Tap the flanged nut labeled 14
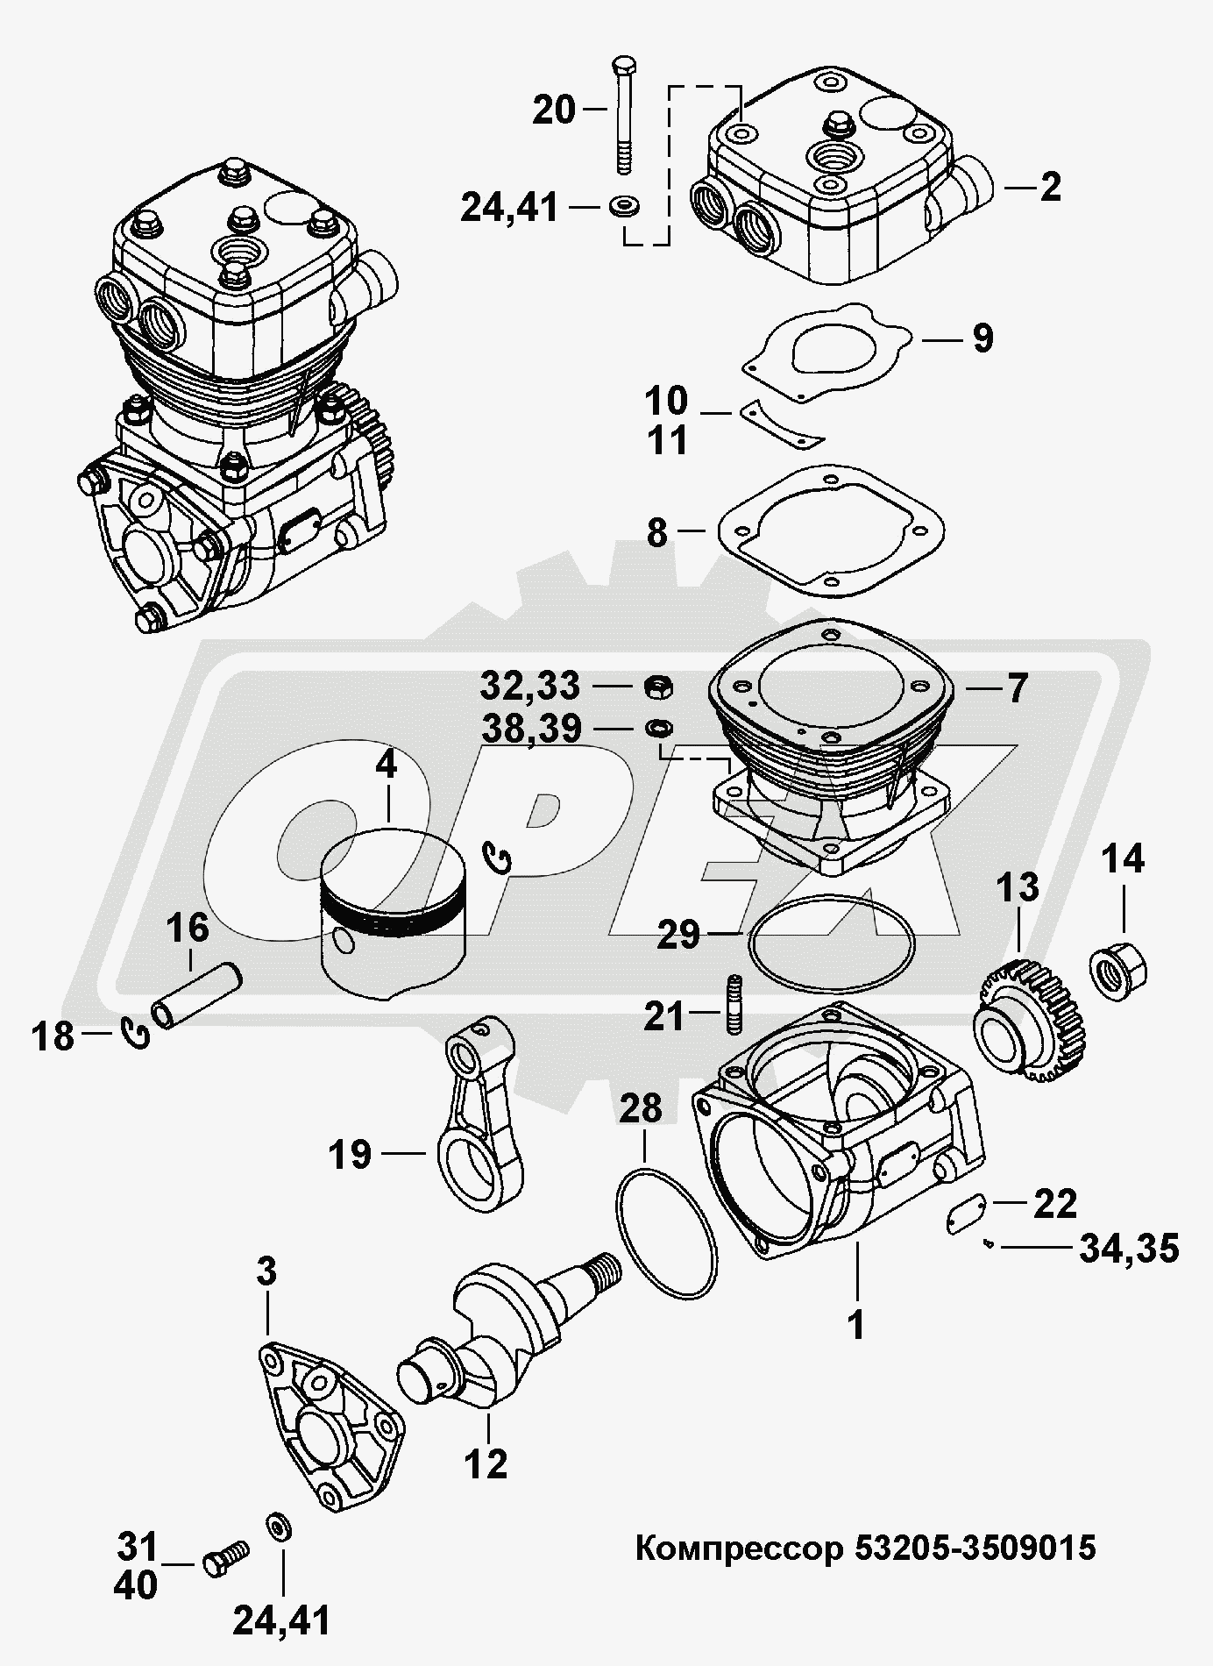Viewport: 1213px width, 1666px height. click(x=1119, y=968)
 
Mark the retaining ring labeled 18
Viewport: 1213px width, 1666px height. click(x=137, y=1036)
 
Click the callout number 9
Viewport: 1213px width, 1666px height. click(x=982, y=338)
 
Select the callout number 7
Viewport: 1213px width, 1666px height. click(x=1015, y=688)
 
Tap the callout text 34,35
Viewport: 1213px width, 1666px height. click(x=1128, y=1248)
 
